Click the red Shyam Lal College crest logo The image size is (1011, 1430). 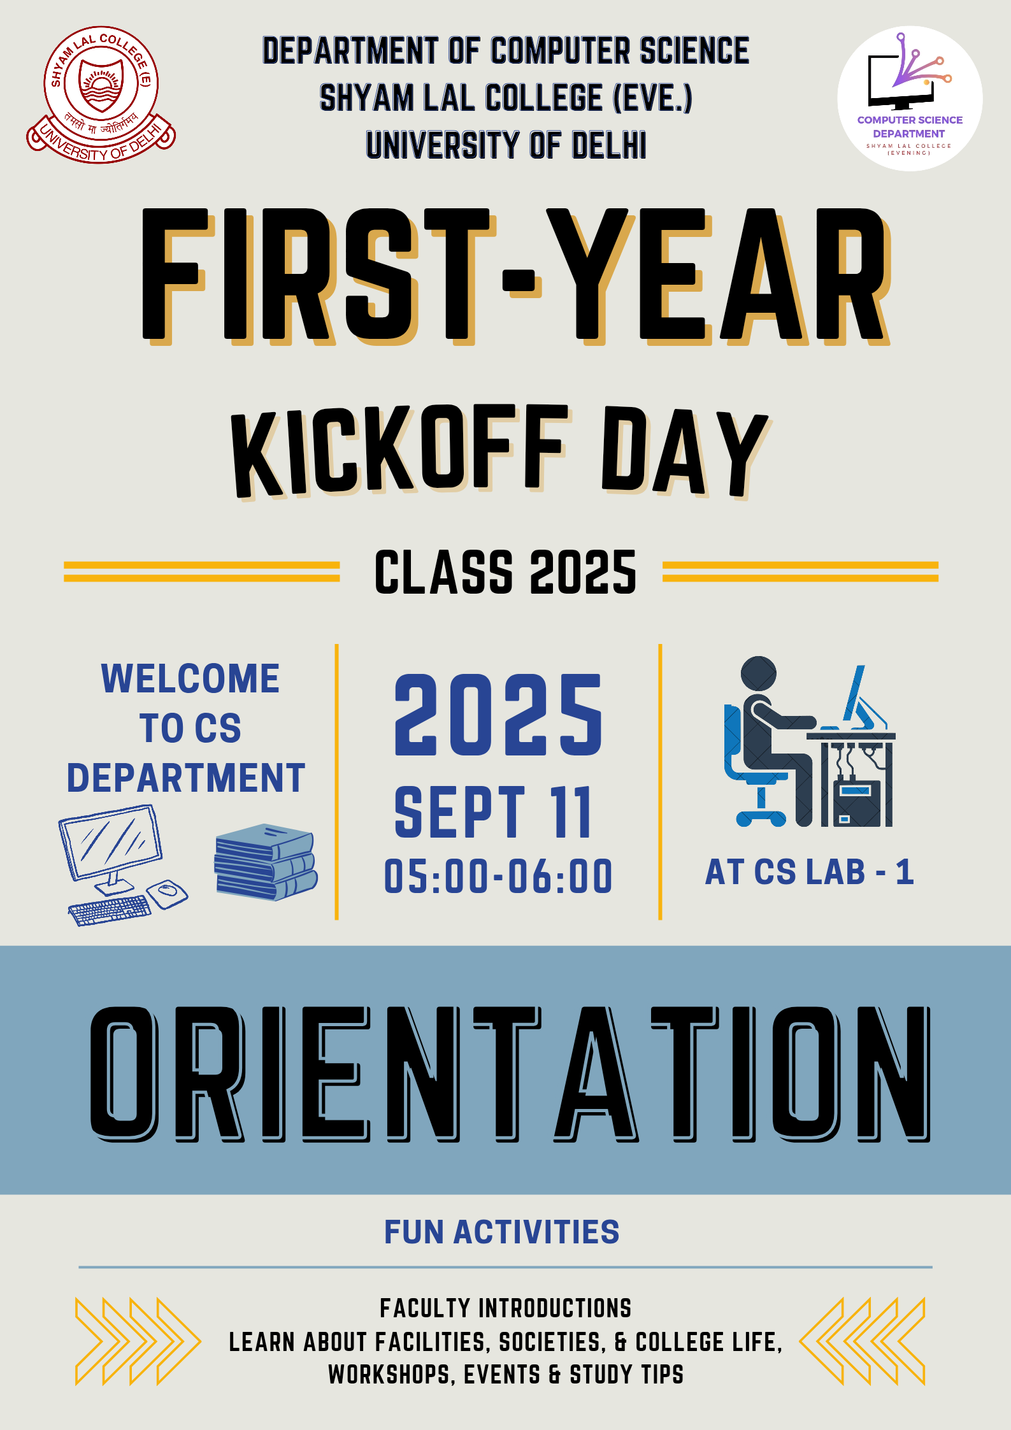click(101, 94)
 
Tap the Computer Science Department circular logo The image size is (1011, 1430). click(909, 98)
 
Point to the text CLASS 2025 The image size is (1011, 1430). click(505, 573)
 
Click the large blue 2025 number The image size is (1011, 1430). click(498, 715)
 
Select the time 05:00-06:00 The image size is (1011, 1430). click(498, 876)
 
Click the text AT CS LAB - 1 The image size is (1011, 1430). click(809, 872)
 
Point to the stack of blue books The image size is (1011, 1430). click(266, 861)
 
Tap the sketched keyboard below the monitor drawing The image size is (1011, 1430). click(110, 910)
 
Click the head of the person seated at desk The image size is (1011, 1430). click(759, 674)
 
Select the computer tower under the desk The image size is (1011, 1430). click(857, 804)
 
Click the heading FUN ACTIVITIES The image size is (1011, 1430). click(501, 1232)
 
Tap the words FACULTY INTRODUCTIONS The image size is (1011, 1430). click(506, 1308)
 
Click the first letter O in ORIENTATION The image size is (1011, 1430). click(124, 1074)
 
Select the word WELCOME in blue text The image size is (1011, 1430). click(190, 678)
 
